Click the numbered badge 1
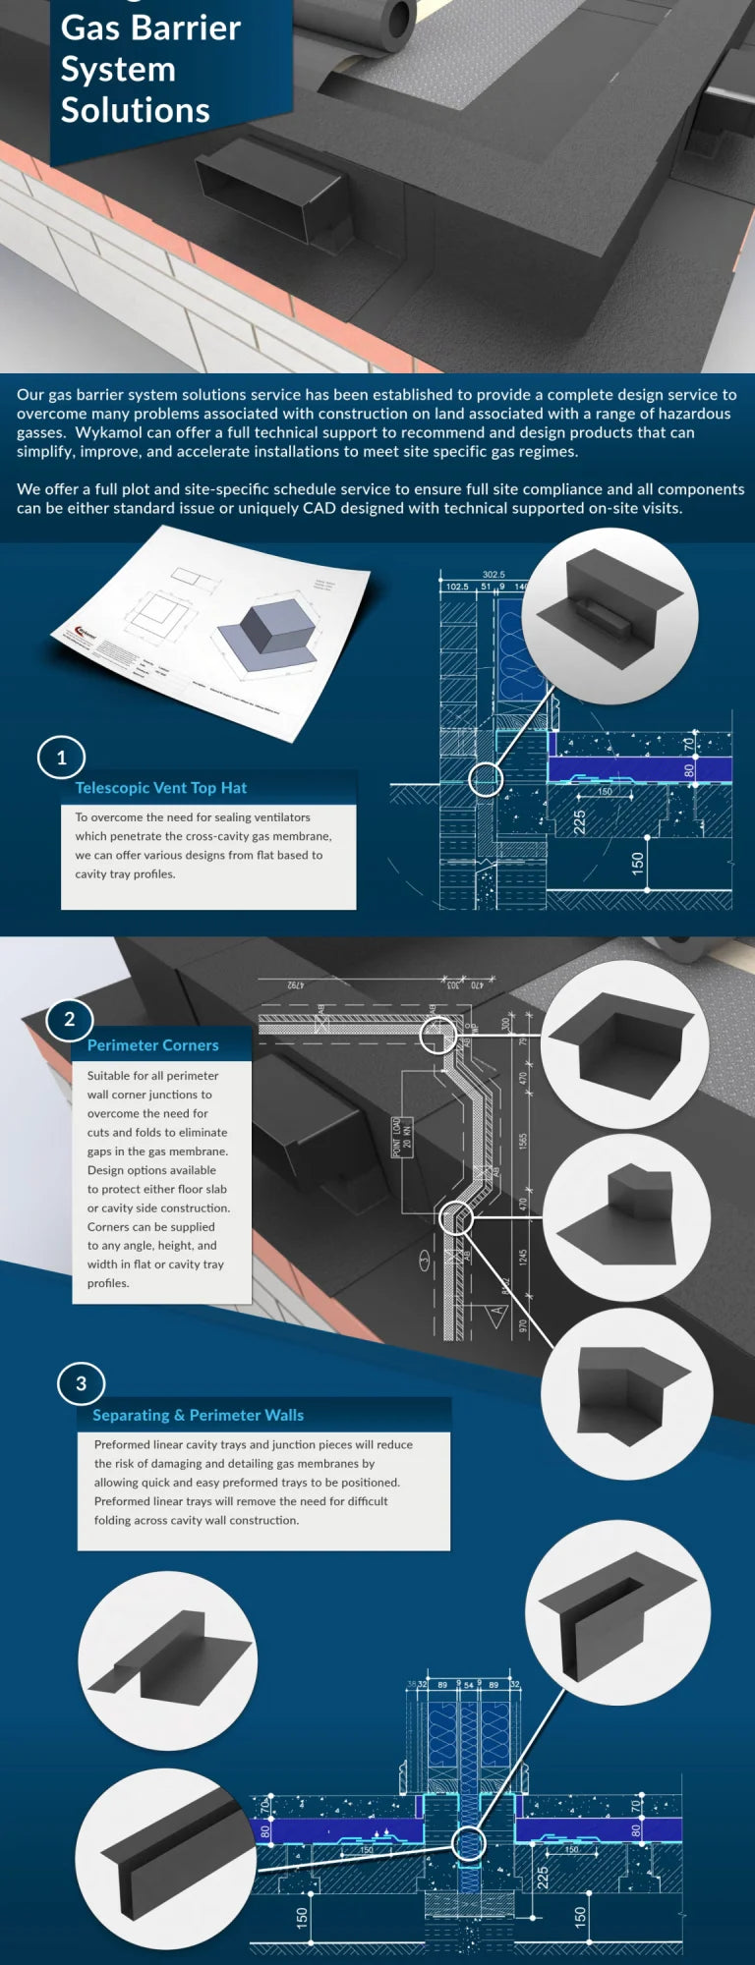pos(61,758)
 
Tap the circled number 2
pos(69,1019)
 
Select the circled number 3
pos(81,1383)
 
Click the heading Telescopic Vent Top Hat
pos(161,788)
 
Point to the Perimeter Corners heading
pos(152,1045)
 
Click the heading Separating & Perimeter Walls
pos(198,1415)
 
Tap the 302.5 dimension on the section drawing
pos(494,575)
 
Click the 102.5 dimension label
pos(457,587)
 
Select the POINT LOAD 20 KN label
pos(402,1137)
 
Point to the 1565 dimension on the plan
pos(524,1141)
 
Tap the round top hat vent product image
pos(610,616)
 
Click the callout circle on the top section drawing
pos(485,779)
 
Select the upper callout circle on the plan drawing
pos(437,1035)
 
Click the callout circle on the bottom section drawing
pos(469,1843)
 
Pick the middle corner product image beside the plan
pos(626,1217)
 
